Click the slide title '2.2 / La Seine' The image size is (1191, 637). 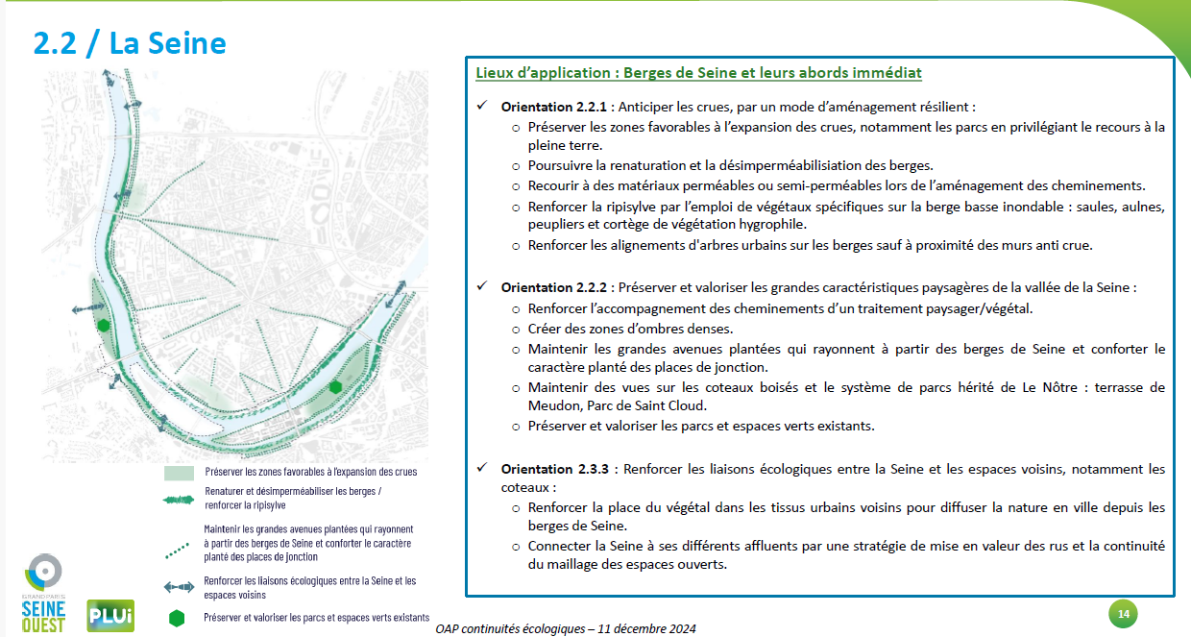point(130,43)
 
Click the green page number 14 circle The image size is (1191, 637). point(1122,613)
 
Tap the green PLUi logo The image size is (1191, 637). point(110,615)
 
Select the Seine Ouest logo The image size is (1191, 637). point(44,593)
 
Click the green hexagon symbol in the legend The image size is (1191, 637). point(176,618)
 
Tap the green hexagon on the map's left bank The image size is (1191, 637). point(103,326)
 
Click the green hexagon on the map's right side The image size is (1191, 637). point(335,386)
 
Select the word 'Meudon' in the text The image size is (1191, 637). point(552,405)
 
